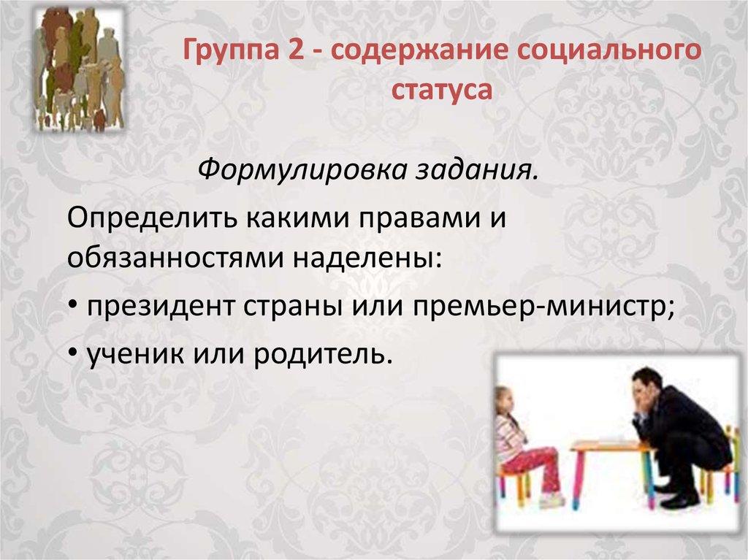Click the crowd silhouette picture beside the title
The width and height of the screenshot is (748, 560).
tap(79, 69)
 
